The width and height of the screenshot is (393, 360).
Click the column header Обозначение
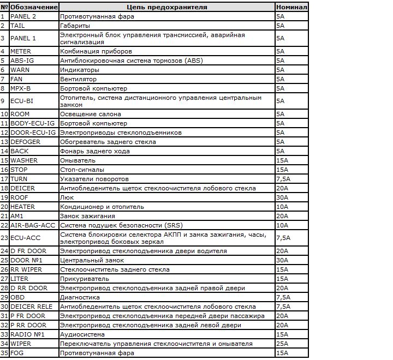(x=34, y=7)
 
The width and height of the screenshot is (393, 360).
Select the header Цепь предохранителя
(x=166, y=7)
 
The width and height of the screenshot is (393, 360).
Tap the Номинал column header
(x=291, y=7)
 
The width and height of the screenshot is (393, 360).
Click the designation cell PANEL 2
(x=23, y=16)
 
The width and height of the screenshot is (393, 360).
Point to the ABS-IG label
(x=22, y=61)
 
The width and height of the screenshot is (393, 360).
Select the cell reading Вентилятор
(x=79, y=79)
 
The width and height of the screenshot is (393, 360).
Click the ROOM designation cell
(x=20, y=114)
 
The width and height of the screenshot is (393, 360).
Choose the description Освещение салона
(x=90, y=114)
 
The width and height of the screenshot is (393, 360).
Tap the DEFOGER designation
(x=26, y=142)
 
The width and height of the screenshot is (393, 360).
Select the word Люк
(x=66, y=197)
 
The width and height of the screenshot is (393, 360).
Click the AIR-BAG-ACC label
(x=33, y=225)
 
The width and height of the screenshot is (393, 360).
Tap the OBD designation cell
(x=17, y=297)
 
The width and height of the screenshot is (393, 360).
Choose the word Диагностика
(x=80, y=297)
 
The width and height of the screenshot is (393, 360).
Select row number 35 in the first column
(x=5, y=353)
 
